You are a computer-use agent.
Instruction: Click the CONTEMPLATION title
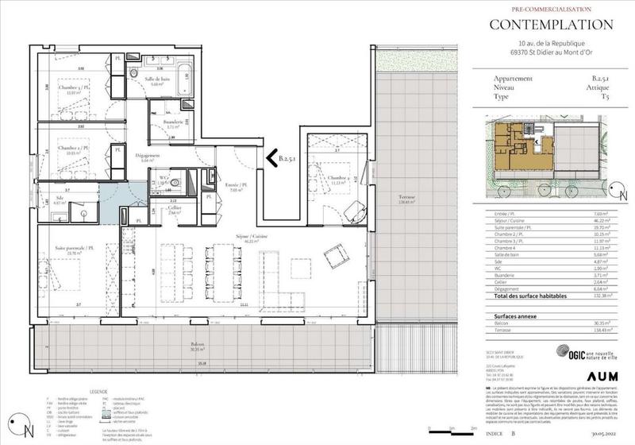(550, 25)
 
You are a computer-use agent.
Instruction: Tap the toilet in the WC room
(175, 182)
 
